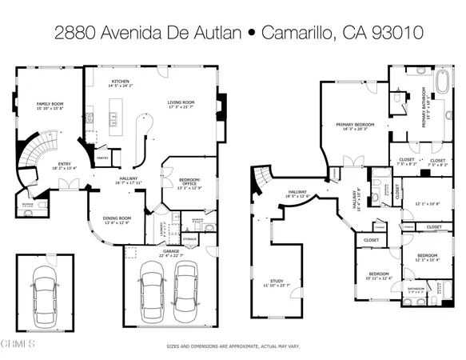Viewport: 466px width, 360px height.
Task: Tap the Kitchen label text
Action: tap(121, 82)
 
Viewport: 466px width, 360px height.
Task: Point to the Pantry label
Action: tap(102, 158)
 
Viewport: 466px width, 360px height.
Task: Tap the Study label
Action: tap(277, 279)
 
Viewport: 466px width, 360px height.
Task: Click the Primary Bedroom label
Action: tap(356, 124)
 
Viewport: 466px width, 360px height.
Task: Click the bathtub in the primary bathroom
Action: tap(445, 82)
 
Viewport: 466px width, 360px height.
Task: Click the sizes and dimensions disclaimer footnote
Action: tap(232, 346)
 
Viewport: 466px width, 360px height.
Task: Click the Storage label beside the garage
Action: tap(189, 238)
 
